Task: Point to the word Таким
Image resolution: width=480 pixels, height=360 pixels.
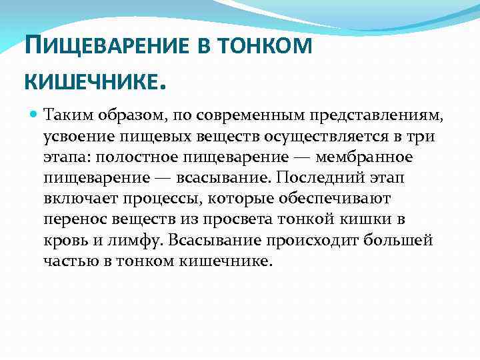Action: coord(64,116)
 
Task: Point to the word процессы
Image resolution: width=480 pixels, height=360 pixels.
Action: coord(170,199)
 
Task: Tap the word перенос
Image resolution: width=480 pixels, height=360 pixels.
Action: coord(73,219)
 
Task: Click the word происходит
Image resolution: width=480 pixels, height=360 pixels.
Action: coord(312,239)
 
